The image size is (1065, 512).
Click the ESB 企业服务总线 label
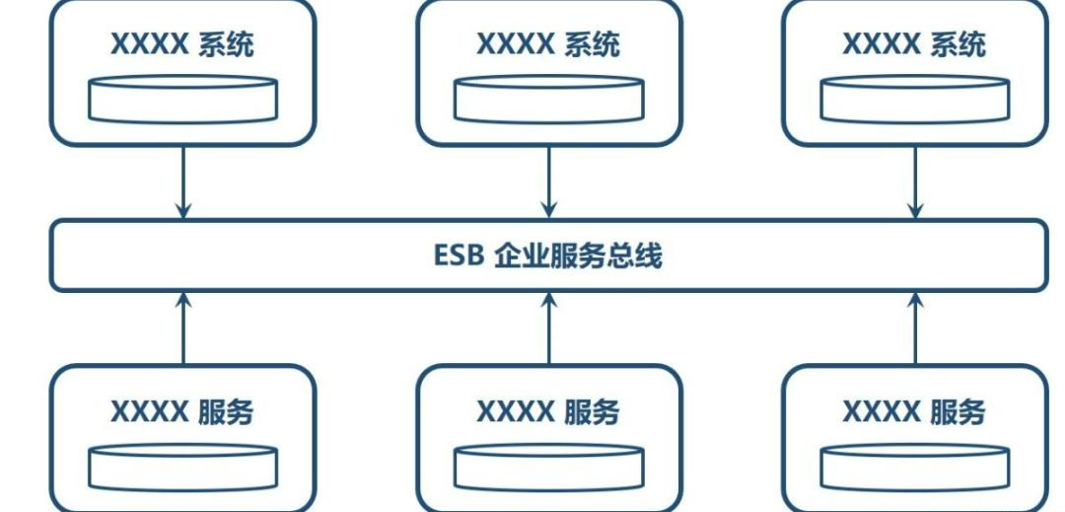[548, 256]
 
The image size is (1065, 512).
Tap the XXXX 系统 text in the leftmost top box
[182, 44]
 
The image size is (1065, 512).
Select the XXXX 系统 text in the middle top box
[548, 44]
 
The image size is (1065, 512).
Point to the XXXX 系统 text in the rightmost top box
[914, 44]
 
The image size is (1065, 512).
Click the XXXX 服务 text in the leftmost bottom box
[182, 411]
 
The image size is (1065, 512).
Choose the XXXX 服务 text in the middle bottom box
[548, 411]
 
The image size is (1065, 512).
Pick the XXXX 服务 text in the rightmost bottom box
[914, 411]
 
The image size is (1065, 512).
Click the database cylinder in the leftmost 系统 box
[182, 99]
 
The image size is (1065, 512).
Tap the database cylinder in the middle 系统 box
[549, 99]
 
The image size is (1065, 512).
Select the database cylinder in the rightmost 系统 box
[915, 99]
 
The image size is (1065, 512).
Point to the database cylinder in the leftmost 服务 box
[182, 468]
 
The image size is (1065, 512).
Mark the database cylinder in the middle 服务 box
[549, 468]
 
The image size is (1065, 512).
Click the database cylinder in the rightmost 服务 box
[915, 468]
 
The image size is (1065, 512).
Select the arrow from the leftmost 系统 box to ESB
[182, 182]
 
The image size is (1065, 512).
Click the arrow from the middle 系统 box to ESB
[549, 182]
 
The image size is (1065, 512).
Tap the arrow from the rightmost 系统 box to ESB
[915, 182]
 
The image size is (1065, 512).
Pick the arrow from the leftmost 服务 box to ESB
[182, 329]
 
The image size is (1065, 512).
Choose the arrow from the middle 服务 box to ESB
[549, 329]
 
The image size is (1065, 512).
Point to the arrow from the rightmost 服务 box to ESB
[915, 329]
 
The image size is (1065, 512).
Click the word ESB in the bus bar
[459, 256]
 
